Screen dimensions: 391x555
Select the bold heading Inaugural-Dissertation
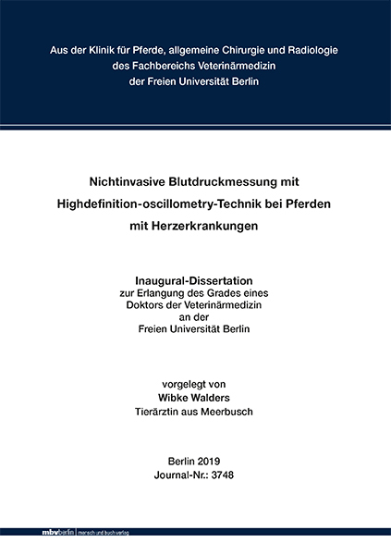[195, 280]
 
